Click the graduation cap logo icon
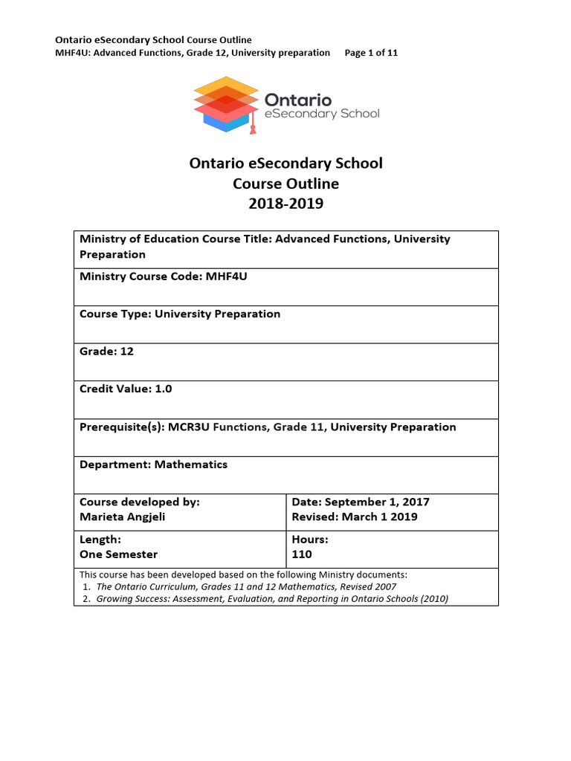(x=225, y=105)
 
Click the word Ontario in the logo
(x=298, y=99)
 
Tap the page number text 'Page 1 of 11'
(x=371, y=53)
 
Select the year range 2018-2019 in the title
(x=285, y=203)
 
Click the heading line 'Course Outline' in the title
(x=285, y=183)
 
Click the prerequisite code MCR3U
(x=190, y=427)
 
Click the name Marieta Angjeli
(x=122, y=517)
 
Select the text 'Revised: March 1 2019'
(x=355, y=517)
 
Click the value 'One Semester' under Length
(x=118, y=554)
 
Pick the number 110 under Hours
(x=302, y=554)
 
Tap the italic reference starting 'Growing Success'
(x=272, y=599)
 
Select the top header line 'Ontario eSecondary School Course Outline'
(x=154, y=39)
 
